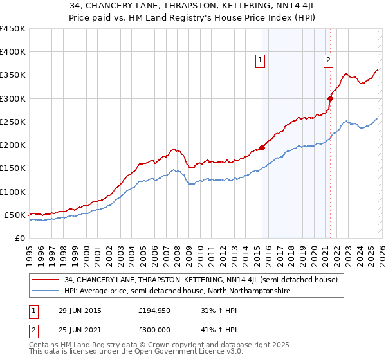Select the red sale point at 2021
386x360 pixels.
click(x=330, y=98)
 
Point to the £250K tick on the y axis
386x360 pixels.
click(x=13, y=122)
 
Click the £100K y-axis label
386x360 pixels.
click(x=13, y=192)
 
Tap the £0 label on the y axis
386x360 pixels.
click(x=21, y=239)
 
